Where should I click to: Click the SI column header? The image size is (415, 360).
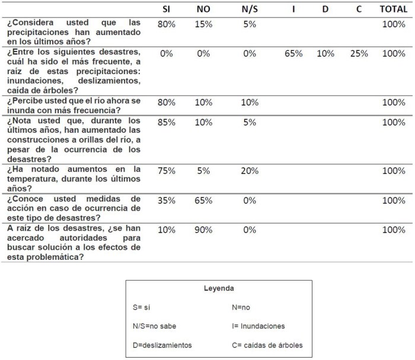(167, 9)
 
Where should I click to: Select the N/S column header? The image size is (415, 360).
(250, 9)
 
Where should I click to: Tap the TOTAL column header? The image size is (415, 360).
(394, 9)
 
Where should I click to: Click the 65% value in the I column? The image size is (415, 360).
(293, 53)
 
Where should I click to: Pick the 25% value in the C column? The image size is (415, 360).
(359, 53)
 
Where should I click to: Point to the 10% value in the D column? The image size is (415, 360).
(325, 53)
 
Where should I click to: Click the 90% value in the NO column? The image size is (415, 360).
(203, 230)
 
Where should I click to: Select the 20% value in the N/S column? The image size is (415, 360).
(250, 171)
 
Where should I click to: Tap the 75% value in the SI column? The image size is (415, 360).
(167, 171)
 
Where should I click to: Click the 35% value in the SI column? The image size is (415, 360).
(167, 200)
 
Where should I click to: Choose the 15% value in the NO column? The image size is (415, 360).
(203, 24)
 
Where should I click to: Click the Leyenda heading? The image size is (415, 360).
(218, 288)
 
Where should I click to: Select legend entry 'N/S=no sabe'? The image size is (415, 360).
(155, 326)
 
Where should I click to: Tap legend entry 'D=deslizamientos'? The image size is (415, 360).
(162, 345)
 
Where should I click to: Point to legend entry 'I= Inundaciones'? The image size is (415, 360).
(258, 326)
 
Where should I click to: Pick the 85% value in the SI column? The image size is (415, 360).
(167, 122)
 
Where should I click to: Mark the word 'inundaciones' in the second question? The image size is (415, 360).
(33, 81)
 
